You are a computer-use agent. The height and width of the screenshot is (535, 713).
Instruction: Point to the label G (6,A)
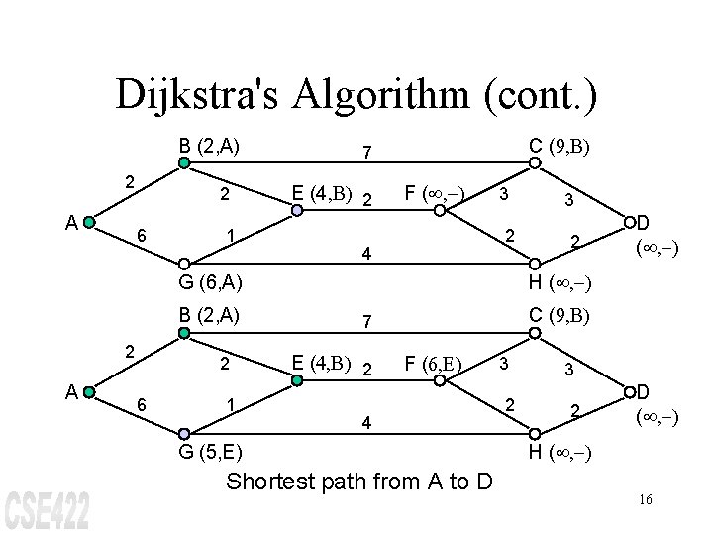211,283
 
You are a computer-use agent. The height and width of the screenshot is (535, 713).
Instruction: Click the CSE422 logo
48,509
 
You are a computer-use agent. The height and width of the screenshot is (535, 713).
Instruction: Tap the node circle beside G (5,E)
184,434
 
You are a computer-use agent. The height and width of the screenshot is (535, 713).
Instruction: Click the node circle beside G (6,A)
184,263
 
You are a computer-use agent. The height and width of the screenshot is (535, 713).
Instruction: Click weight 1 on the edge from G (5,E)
230,407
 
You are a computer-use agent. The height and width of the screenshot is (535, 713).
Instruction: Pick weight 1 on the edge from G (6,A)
230,236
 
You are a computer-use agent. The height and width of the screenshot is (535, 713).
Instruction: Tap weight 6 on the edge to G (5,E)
142,406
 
